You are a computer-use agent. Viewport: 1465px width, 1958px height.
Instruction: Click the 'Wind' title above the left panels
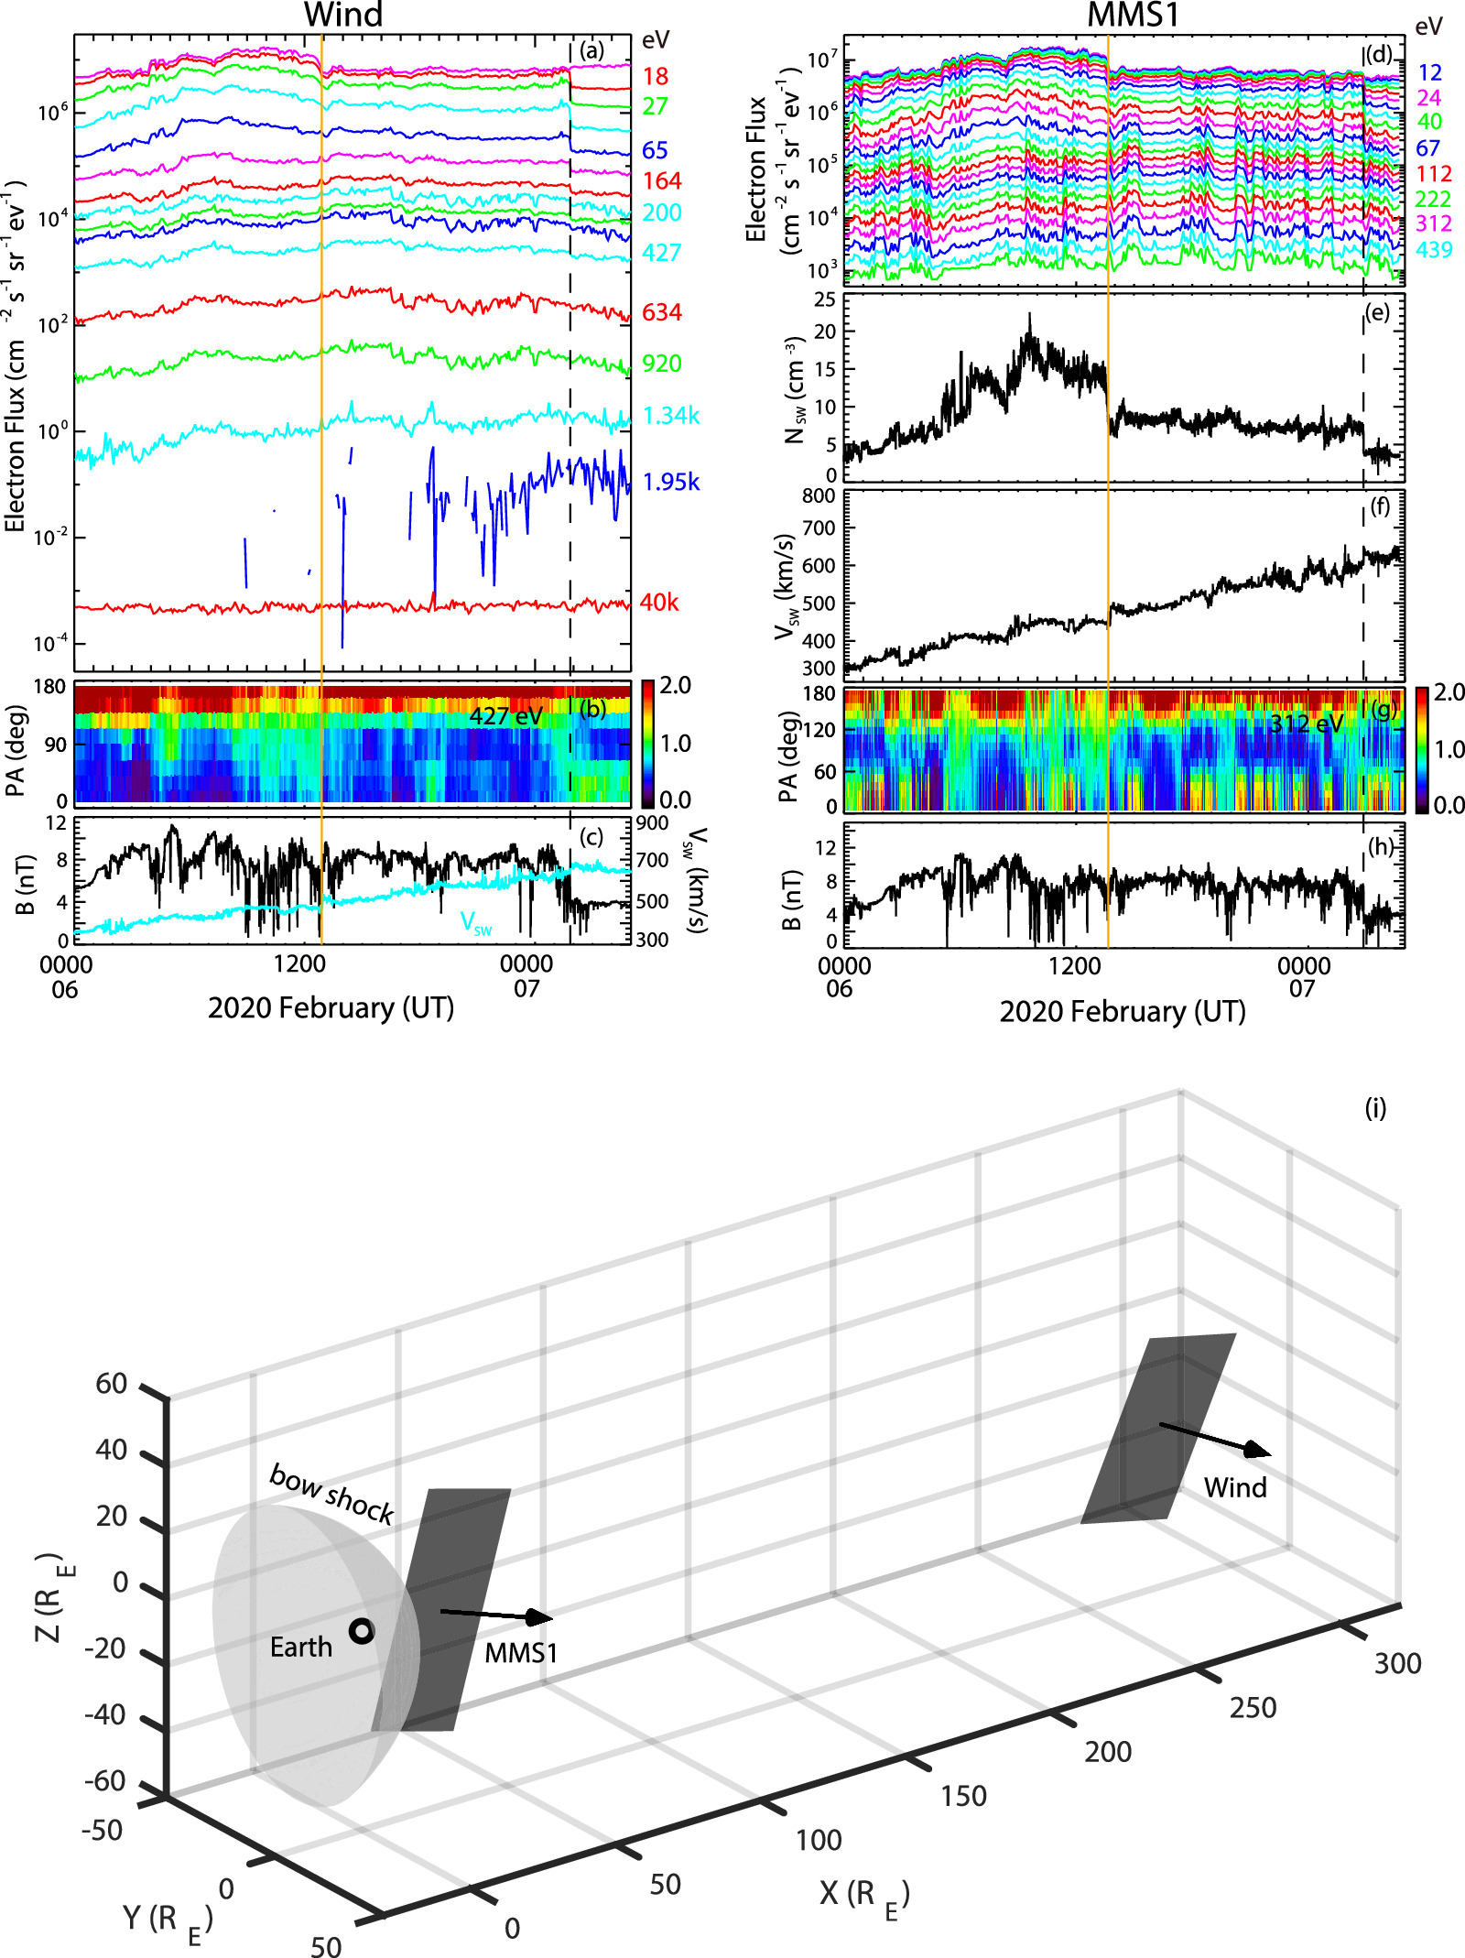tap(342, 16)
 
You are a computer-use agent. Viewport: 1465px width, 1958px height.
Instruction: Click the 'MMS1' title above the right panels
tap(1132, 16)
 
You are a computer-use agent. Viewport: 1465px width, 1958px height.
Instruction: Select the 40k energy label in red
tap(659, 603)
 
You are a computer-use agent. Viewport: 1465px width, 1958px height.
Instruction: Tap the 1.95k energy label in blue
tap(671, 482)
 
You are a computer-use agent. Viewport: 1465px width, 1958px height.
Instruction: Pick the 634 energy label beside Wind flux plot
tap(661, 312)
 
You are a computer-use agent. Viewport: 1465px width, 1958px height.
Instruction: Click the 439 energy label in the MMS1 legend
tap(1433, 249)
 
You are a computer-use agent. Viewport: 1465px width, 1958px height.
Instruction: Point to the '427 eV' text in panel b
tap(505, 716)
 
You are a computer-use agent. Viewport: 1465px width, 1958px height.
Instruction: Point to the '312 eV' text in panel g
tap(1306, 724)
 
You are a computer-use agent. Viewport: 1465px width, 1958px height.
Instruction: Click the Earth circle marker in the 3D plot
tap(362, 1630)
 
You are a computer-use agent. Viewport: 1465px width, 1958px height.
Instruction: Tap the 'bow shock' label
tap(331, 1494)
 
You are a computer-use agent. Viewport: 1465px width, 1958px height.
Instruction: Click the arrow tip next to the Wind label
tap(1268, 1452)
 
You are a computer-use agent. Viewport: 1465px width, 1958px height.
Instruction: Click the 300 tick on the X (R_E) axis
tap(1397, 1663)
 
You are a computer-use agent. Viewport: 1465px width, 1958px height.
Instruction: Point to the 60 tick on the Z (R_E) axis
tap(112, 1384)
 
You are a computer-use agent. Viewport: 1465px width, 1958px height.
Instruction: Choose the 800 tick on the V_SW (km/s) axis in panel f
tap(818, 496)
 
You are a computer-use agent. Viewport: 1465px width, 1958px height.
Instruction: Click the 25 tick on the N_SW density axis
tap(824, 299)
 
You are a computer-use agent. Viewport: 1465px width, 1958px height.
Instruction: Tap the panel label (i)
tap(1375, 1109)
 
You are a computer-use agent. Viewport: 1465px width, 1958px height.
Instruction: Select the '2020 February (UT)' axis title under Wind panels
tap(331, 1008)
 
